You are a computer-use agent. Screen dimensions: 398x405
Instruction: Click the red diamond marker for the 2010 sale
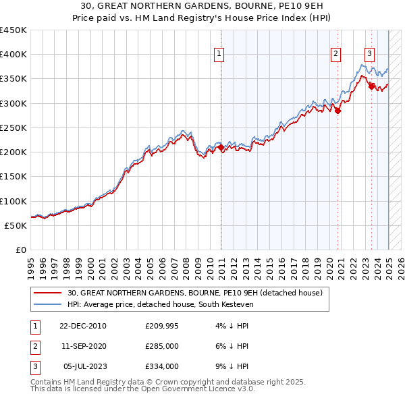point(221,148)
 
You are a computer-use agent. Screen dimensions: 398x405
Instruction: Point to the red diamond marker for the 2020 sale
point(338,111)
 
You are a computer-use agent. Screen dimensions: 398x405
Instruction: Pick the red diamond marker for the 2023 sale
point(371,86)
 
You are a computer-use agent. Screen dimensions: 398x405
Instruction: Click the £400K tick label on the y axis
point(13,55)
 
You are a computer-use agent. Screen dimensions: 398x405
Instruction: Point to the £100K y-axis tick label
point(13,201)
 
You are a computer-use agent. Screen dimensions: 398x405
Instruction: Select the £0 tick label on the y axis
point(20,250)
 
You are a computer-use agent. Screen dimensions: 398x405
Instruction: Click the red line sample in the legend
point(47,293)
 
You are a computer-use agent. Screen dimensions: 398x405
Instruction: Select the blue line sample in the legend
point(47,304)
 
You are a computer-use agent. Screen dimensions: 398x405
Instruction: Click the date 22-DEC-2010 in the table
point(83,326)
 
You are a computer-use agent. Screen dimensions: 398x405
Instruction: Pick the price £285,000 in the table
point(161,346)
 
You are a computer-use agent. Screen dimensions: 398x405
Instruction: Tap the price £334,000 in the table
point(161,366)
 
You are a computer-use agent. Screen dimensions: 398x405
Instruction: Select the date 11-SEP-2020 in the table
point(83,346)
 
